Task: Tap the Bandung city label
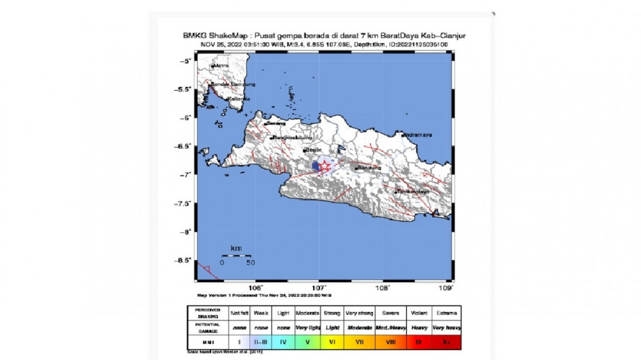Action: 369,168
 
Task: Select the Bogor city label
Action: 312,150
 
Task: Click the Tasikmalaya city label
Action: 413,192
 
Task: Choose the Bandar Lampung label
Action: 234,84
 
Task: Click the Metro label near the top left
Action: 221,66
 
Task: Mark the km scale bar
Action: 236,256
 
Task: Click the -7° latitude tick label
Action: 187,175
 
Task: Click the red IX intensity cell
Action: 419,342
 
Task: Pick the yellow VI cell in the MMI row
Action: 332,342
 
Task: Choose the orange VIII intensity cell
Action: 390,342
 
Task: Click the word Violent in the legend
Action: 419,313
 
